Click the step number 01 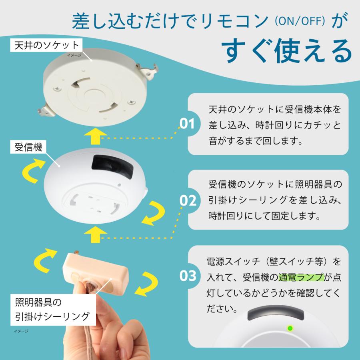pyautogui.click(x=187, y=124)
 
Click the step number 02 pyautogui.click(x=187, y=200)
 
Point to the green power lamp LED pyautogui.click(x=290, y=329)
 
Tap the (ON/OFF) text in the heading pyautogui.click(x=299, y=21)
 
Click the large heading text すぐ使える pyautogui.click(x=287, y=50)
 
